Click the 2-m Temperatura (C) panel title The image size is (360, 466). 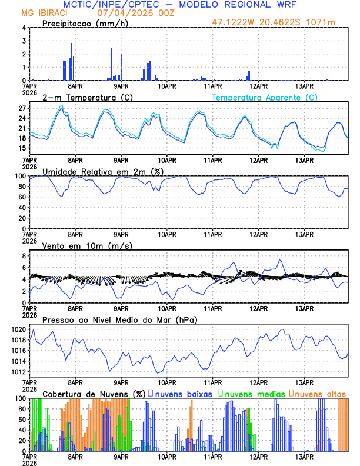coord(86,97)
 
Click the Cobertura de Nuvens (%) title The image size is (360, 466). coord(94,393)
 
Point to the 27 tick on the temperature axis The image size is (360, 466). coord(22,109)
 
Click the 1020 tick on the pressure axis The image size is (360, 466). coord(19,329)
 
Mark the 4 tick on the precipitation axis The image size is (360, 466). coord(24,28)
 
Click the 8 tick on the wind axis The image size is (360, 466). coord(24,256)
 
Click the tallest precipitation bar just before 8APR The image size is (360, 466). coord(72,62)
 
